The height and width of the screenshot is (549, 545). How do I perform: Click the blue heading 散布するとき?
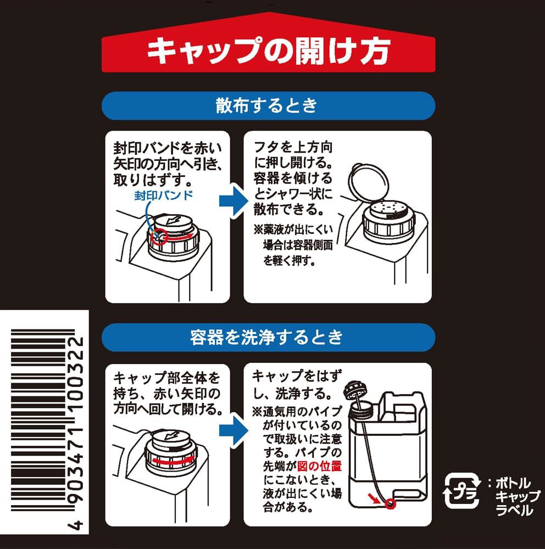pos(269,106)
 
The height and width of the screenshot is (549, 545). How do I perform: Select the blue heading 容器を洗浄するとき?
pos(269,337)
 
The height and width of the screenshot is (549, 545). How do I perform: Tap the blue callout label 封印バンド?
pos(163,195)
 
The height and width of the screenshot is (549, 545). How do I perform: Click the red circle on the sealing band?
pos(159,237)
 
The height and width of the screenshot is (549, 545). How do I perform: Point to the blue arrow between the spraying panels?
pos(233,200)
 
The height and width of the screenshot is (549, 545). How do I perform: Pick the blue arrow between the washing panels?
pos(233,432)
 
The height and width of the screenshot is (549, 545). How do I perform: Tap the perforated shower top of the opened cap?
pos(388,209)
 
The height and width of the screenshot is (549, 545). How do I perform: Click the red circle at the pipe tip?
pos(390,503)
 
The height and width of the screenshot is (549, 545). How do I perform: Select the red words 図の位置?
pos(319,466)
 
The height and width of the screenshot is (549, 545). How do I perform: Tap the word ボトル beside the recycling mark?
pos(513,484)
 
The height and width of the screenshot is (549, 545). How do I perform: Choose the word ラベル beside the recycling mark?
pos(514,510)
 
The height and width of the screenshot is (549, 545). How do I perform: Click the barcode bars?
pos(43,420)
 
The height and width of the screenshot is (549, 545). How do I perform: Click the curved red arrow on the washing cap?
pos(173,460)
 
